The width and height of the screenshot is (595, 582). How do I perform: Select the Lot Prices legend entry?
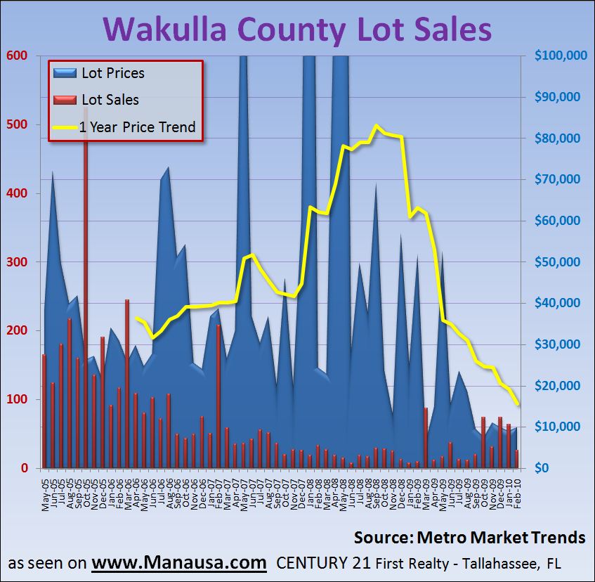coord(112,72)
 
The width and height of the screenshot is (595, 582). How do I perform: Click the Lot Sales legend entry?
coord(110,100)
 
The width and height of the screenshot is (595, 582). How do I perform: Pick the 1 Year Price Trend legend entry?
coord(136,127)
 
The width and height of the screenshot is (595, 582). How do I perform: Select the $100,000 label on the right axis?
coord(560,56)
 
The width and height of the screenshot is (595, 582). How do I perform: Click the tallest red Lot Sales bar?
coord(86,281)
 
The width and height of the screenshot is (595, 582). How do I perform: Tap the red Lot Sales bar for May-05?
coord(44,411)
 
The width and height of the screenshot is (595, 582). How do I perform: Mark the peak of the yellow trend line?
coord(377,126)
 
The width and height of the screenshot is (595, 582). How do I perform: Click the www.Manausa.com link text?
coord(179,563)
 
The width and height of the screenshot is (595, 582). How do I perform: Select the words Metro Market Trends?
coord(501,538)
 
